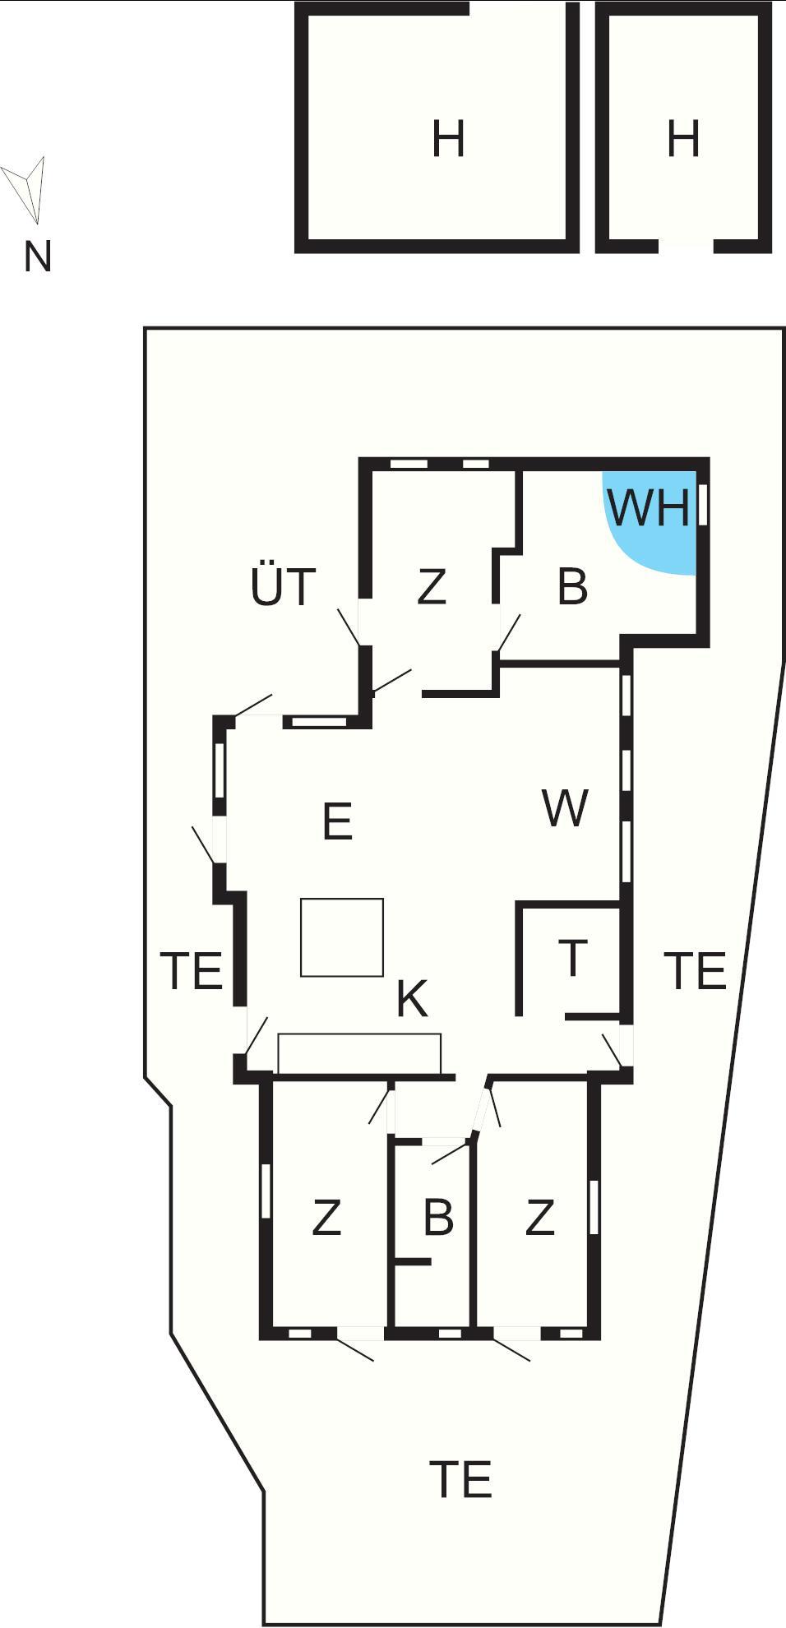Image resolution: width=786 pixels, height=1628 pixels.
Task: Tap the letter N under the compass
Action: (x=38, y=257)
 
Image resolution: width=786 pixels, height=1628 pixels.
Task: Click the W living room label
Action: (x=566, y=808)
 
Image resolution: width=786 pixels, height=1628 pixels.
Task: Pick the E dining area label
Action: (x=338, y=821)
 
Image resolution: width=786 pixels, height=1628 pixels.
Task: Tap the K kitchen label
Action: (x=412, y=999)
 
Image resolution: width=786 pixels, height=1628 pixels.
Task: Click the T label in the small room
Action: (x=572, y=957)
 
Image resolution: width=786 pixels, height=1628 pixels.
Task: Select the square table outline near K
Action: (x=342, y=937)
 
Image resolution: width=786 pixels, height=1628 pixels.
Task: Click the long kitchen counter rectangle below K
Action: (x=359, y=1053)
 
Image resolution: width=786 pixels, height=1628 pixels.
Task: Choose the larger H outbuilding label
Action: (x=449, y=138)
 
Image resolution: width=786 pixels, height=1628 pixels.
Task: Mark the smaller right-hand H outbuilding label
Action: (x=683, y=138)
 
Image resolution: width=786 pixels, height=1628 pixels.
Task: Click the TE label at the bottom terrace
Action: (x=460, y=1480)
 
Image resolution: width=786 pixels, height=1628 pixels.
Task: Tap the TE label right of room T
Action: (x=696, y=970)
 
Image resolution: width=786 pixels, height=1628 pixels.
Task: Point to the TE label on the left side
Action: (x=192, y=970)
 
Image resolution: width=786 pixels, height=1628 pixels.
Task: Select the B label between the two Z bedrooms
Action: (x=438, y=1218)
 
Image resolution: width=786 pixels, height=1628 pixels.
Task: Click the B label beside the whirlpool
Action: (x=572, y=587)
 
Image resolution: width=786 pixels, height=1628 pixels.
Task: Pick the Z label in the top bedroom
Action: (x=432, y=587)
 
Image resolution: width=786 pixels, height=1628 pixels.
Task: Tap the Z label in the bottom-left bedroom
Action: (x=326, y=1218)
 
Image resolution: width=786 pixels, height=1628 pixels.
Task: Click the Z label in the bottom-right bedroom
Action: (x=539, y=1218)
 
